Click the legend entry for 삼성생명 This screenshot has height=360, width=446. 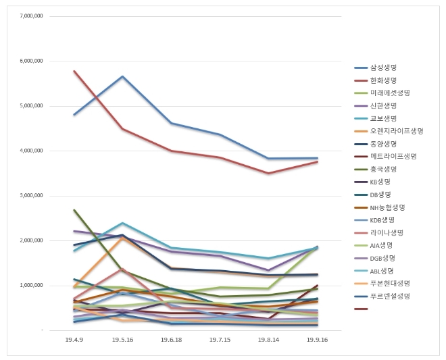point(382,68)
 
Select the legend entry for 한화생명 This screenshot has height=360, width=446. point(382,80)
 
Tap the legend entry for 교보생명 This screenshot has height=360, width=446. point(382,118)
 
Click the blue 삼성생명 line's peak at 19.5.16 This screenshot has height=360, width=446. point(122,76)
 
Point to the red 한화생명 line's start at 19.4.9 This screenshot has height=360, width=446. point(74,71)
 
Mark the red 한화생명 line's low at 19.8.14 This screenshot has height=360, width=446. point(269,174)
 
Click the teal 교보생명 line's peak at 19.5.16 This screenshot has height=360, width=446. point(122,223)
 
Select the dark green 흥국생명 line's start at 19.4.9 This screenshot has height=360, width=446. point(74,210)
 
